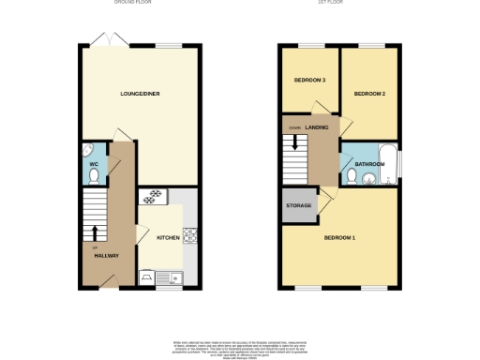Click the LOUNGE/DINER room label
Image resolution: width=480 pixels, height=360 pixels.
pyautogui.click(x=138, y=94)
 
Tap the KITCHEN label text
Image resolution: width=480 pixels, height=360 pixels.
pyautogui.click(x=168, y=238)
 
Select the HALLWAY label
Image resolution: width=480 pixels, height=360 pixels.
pyautogui.click(x=104, y=255)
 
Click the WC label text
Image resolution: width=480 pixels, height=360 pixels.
pyautogui.click(x=94, y=165)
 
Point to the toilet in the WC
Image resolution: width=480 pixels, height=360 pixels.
pyautogui.click(x=89, y=152)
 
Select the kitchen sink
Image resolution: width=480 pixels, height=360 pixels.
pyautogui.click(x=174, y=276)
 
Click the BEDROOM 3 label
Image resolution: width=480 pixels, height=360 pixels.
pyautogui.click(x=310, y=81)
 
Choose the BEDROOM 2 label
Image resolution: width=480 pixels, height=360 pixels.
pyautogui.click(x=370, y=94)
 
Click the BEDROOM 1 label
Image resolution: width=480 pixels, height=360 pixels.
pyautogui.click(x=339, y=237)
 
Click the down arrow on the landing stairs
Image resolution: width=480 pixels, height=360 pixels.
pyautogui.click(x=295, y=142)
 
